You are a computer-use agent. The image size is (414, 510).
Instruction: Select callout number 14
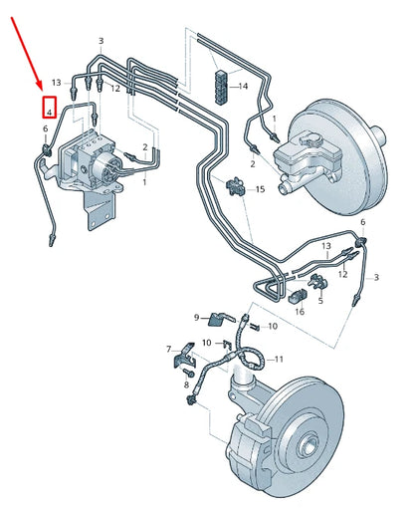point(240,87)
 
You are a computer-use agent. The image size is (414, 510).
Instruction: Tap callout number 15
point(260,188)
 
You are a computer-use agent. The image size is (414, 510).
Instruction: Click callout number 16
point(299,312)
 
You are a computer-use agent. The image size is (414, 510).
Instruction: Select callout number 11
point(279,359)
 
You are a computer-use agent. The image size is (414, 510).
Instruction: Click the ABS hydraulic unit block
point(92,159)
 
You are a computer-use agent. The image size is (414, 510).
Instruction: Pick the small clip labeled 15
point(237,185)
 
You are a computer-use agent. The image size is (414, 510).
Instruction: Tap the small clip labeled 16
point(298,294)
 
